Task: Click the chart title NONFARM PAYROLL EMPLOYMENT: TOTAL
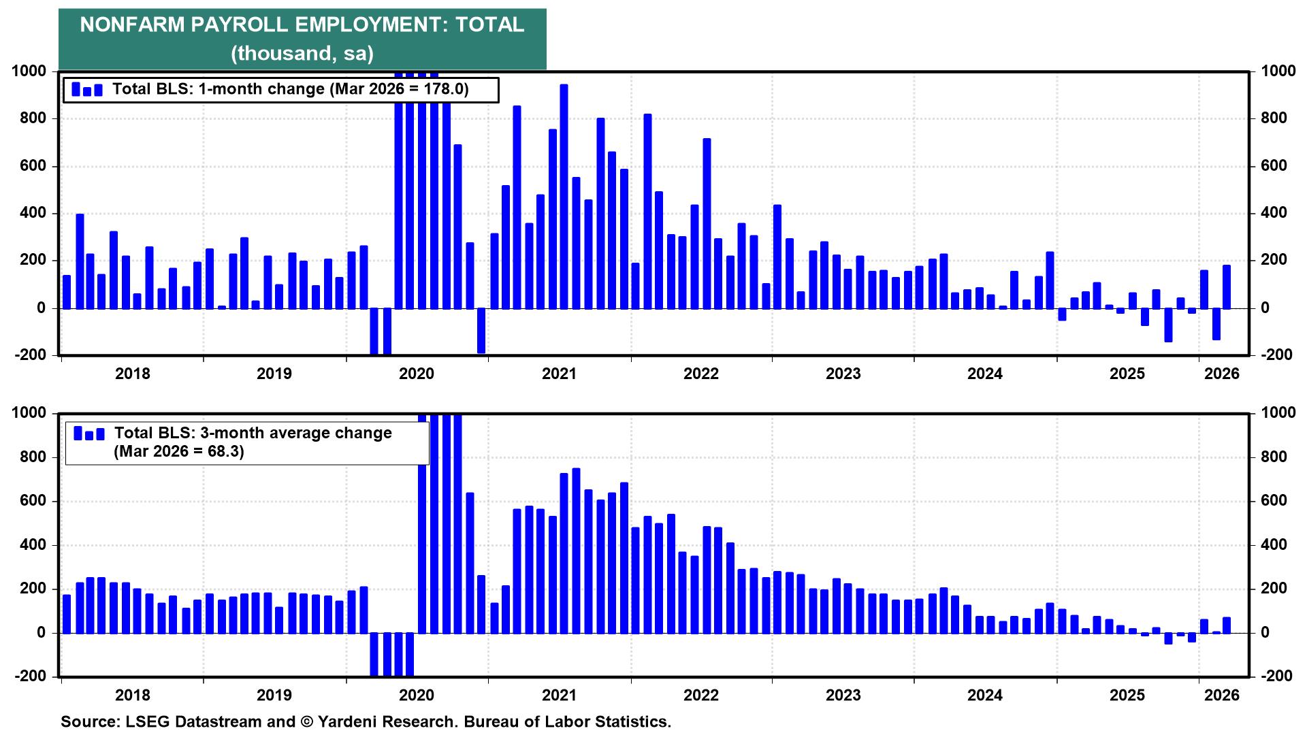click(302, 25)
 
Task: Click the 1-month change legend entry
click(290, 89)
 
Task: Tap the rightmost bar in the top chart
click(1227, 287)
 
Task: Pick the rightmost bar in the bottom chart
click(1227, 625)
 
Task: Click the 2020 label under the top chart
click(417, 374)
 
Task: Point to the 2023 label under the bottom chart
click(843, 696)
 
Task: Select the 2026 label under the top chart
click(1222, 374)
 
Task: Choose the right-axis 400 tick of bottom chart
click(1274, 545)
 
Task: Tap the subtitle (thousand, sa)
click(302, 53)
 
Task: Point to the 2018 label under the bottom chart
click(132, 696)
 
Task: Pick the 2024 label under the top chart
click(985, 374)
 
